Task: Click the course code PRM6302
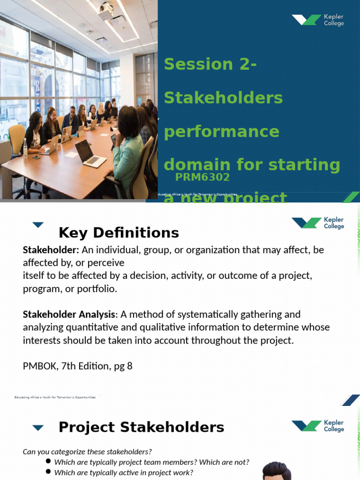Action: click(202, 177)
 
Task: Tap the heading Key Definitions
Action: click(119, 232)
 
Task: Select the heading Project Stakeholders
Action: click(141, 427)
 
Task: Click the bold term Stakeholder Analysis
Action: click(69, 314)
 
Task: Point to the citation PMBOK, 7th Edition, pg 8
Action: click(78, 366)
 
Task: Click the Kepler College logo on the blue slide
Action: click(318, 20)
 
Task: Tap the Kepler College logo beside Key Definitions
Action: click(318, 223)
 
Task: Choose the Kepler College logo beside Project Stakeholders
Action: click(318, 426)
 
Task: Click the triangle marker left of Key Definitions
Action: click(38, 225)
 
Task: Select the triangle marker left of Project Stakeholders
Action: click(38, 427)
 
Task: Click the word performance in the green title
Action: click(221, 132)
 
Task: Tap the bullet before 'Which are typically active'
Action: click(48, 472)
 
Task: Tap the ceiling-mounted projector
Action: click(106, 10)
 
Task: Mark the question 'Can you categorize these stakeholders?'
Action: click(87, 451)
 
